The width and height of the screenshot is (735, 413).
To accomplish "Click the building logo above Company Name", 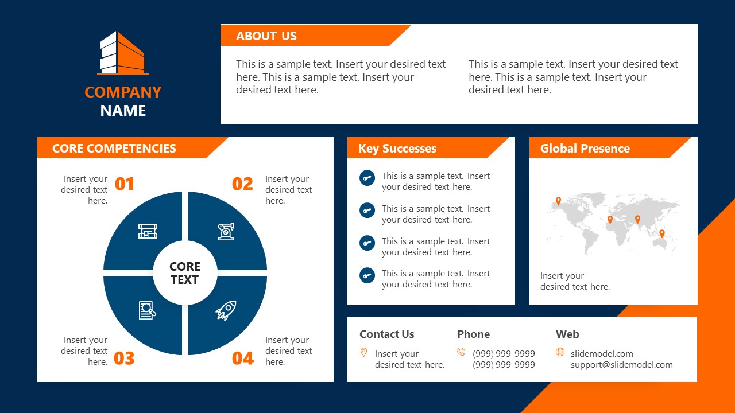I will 123,53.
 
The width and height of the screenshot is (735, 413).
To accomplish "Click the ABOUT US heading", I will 266,36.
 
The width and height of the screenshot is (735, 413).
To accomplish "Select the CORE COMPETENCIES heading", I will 114,149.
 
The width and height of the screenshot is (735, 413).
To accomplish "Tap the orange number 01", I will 125,184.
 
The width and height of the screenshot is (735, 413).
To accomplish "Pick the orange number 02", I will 242,184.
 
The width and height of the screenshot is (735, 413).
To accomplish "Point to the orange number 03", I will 124,359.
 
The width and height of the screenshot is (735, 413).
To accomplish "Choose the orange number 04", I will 242,359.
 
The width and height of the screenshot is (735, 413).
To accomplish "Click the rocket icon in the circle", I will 226,310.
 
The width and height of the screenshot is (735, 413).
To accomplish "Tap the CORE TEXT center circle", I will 185,273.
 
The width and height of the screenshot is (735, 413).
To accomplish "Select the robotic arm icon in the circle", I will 226,231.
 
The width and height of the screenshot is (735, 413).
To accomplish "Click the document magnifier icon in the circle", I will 148,310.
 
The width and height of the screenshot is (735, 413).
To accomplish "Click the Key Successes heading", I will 397,149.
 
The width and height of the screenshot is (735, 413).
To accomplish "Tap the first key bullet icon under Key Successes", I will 367,178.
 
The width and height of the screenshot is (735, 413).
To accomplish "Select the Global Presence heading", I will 585,149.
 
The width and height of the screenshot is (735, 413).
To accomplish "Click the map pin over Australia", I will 661,233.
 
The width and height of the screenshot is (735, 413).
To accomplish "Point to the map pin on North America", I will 558,201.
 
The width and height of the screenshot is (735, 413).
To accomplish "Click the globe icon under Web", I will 560,352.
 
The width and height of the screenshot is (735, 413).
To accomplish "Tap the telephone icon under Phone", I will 461,352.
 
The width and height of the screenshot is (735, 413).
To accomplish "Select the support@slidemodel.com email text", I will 621,365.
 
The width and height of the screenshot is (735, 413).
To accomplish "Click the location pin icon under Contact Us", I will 363,352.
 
